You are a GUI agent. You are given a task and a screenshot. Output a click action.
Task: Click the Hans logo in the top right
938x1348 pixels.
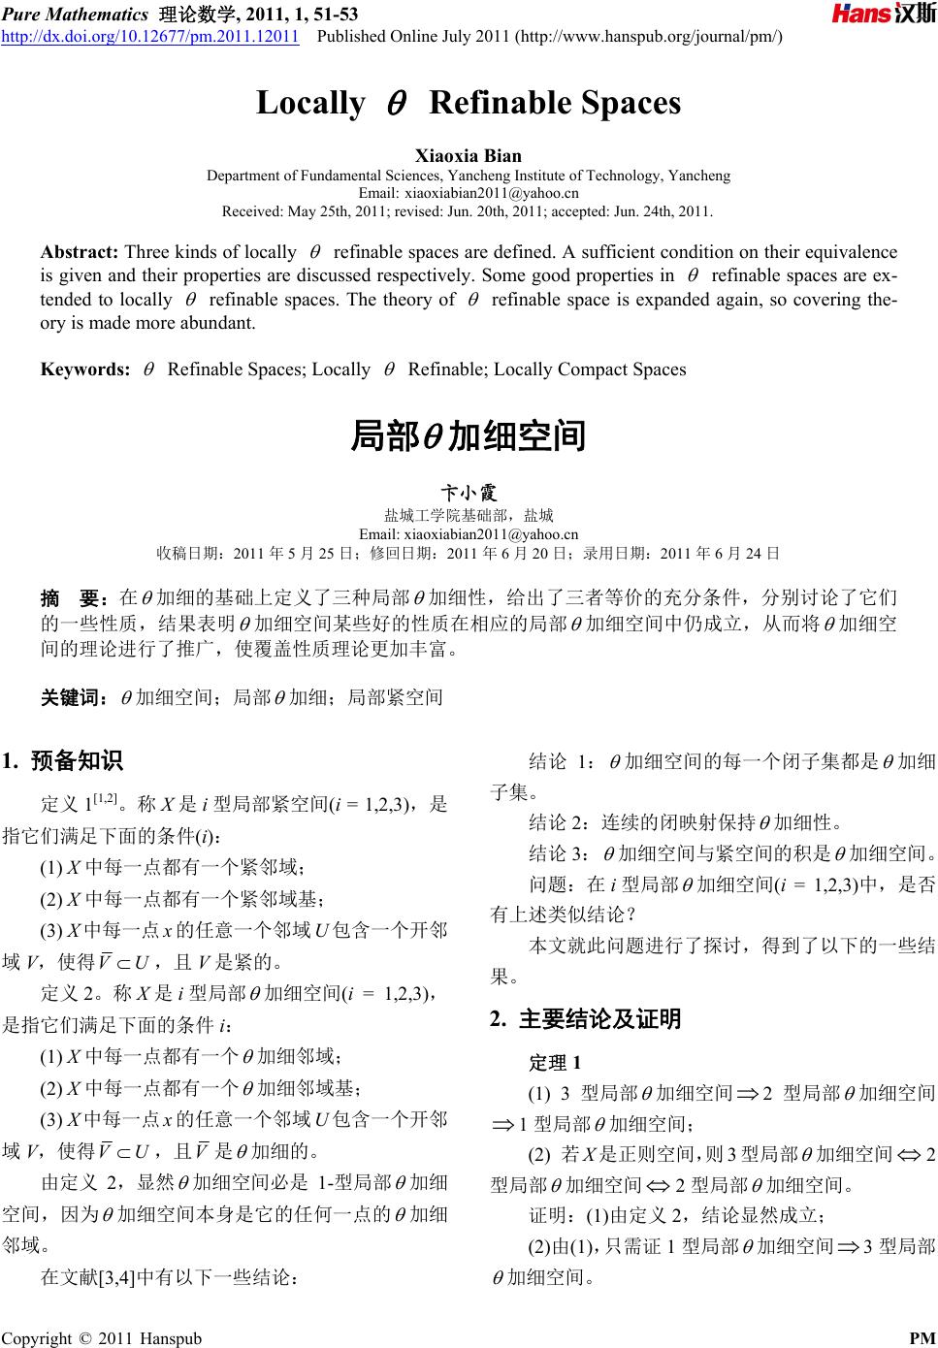[x=882, y=16]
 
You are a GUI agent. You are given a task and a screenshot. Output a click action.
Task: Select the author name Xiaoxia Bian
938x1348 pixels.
[x=469, y=155]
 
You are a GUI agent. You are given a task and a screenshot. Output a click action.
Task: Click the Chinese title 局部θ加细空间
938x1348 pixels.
[x=469, y=436]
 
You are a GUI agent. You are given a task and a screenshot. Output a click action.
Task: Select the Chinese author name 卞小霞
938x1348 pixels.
[x=469, y=494]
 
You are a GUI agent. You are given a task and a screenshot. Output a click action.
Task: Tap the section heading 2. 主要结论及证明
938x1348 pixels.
[x=586, y=1018]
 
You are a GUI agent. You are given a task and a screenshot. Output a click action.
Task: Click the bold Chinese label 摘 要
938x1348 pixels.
[x=77, y=596]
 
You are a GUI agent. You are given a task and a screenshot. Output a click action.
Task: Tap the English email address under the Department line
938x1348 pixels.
[x=469, y=193]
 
